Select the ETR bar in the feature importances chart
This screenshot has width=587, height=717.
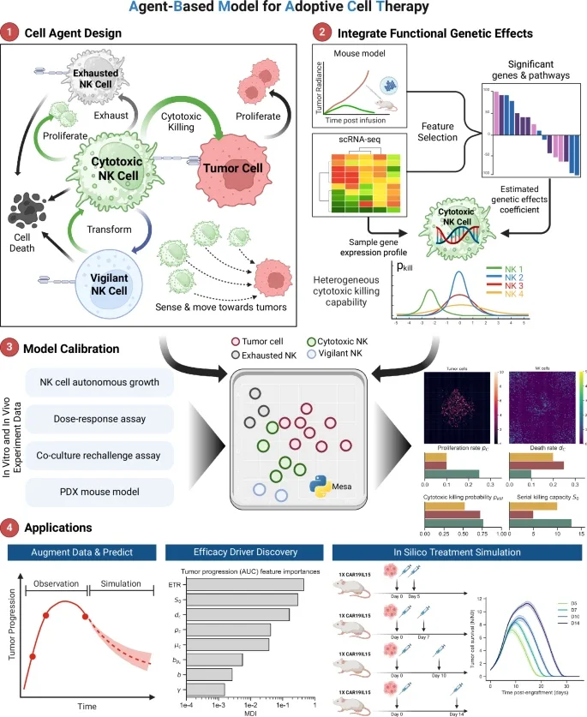pyautogui.click(x=243, y=585)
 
